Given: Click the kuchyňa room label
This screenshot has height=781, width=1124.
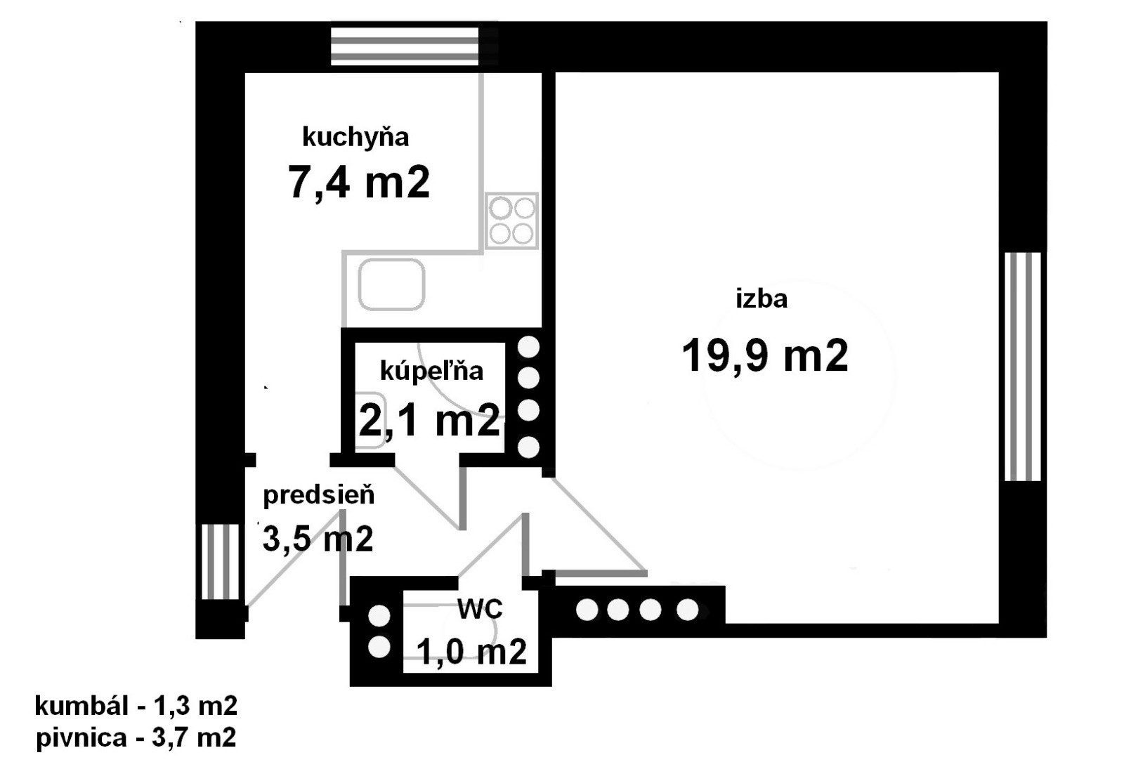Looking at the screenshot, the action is (x=355, y=138).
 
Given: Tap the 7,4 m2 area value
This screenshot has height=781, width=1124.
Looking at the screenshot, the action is (x=359, y=183).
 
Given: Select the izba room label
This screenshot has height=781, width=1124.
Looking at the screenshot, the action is (x=762, y=299).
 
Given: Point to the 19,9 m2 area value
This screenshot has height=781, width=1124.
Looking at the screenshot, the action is (x=765, y=355).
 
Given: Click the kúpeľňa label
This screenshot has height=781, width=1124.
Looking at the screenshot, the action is (x=431, y=372).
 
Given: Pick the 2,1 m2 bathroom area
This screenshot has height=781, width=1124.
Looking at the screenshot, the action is (x=429, y=420).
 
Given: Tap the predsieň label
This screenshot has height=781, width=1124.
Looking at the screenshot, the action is (x=319, y=496).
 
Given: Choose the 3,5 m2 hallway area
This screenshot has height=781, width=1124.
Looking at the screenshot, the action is (x=318, y=539).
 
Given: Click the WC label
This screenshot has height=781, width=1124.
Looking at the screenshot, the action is (x=480, y=609).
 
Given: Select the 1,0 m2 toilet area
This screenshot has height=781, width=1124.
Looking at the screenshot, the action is (x=471, y=652).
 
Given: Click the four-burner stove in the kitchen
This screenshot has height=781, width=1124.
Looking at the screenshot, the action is (x=512, y=221).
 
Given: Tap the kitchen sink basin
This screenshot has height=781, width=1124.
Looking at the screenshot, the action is (x=391, y=284).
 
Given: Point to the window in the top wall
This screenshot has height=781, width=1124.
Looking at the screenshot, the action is (x=405, y=46).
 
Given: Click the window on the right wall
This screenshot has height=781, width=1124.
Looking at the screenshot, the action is (x=1023, y=367).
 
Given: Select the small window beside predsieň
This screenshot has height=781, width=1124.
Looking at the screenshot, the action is (x=221, y=562).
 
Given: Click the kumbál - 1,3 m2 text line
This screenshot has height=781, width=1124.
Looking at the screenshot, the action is (x=136, y=707).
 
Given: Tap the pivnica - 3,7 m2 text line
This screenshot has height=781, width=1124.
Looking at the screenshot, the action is (x=136, y=738).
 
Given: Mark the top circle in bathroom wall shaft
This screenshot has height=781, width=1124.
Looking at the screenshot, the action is (x=528, y=347).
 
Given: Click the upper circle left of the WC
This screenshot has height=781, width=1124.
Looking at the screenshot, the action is (x=379, y=615).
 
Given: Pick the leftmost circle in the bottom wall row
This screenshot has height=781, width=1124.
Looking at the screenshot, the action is (x=587, y=610).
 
